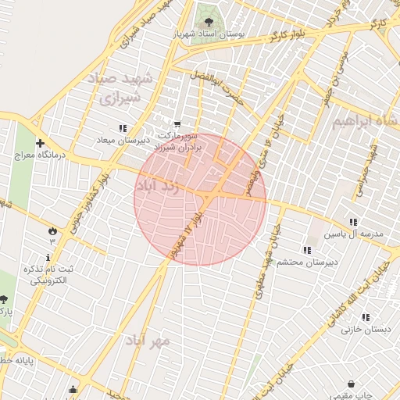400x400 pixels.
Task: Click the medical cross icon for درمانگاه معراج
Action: (x=40, y=143)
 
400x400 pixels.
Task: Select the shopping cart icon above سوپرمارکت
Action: (x=177, y=123)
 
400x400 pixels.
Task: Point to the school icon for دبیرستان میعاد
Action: (x=122, y=127)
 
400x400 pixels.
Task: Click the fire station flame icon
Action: (x=52, y=231)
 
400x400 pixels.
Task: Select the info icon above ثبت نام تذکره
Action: (x=49, y=257)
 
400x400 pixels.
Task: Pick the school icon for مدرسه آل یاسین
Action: (x=354, y=222)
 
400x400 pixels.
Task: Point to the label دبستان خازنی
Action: (x=362, y=330)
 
